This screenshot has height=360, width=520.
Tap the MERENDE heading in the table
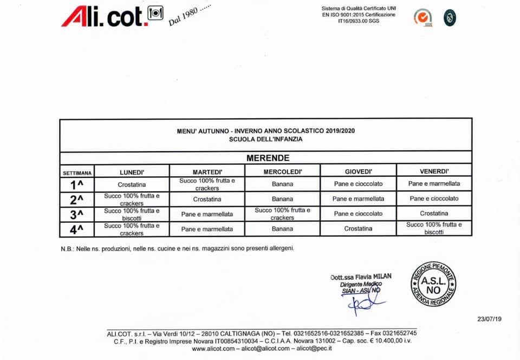coord(268,158)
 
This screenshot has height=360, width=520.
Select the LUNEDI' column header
coord(132,172)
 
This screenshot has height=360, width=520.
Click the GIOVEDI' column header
coord(358,172)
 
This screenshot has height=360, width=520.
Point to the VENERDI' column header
coord(434,171)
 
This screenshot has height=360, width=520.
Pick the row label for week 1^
coord(77,184)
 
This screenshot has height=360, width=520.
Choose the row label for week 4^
coord(77,229)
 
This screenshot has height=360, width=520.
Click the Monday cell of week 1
coord(132,185)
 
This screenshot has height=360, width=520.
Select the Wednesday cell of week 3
coord(282,214)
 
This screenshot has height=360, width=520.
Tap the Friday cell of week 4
coord(434,228)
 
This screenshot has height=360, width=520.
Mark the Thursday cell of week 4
coord(358,229)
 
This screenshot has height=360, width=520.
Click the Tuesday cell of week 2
coord(207,199)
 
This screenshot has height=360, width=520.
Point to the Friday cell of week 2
coord(434,198)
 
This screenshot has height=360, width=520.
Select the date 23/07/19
coord(490,319)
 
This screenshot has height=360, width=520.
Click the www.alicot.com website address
coord(213,349)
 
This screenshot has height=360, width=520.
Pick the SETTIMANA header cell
coord(77,173)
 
